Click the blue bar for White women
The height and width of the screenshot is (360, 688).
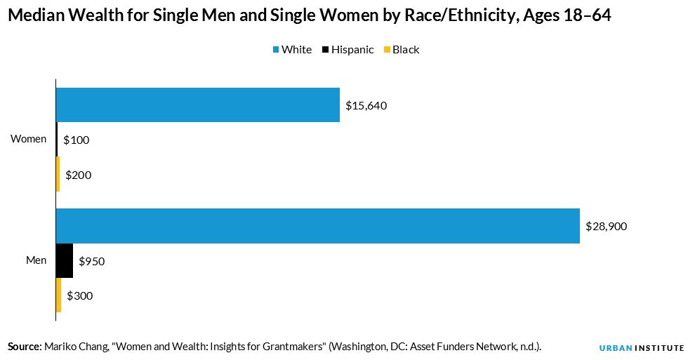(x=197, y=105)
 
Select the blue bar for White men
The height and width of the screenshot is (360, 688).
(x=317, y=226)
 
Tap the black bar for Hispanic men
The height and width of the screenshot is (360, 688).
(x=65, y=261)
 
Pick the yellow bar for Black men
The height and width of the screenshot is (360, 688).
(x=58, y=295)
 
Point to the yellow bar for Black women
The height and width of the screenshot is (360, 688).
(x=58, y=175)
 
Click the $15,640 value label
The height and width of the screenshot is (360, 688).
(x=366, y=106)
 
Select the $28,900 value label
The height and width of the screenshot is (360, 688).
(x=606, y=227)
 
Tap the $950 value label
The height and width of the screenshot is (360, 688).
(x=91, y=262)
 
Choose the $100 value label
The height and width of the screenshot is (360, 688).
(x=77, y=140)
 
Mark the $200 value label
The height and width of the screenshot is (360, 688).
(x=79, y=175)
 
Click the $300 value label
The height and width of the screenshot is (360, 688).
(x=80, y=296)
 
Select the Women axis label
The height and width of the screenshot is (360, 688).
(x=28, y=139)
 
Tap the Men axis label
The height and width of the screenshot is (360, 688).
(x=36, y=260)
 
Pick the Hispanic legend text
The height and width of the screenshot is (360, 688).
(x=352, y=50)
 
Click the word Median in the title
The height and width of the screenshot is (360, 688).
(x=36, y=17)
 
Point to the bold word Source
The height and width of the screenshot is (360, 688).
(x=24, y=347)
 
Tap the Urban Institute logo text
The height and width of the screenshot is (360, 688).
(x=641, y=347)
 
